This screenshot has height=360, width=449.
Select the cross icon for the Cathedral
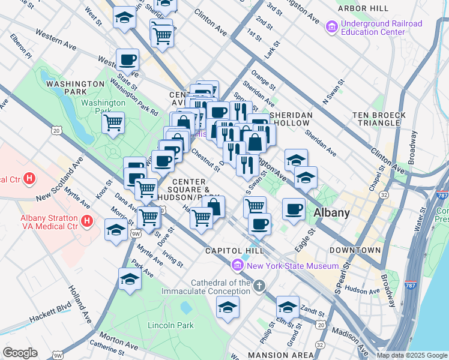click(259, 286)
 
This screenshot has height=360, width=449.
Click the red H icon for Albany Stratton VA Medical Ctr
click(88, 221)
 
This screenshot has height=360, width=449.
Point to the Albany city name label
click(332, 212)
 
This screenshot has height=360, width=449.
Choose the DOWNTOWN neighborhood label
click(355, 250)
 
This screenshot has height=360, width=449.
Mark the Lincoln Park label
click(171, 325)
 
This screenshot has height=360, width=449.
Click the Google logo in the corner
click(20, 353)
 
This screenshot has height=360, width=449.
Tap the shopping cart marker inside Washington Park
click(113, 123)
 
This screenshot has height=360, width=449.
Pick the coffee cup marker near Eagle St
click(293, 209)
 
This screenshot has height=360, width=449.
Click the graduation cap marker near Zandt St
click(288, 307)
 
